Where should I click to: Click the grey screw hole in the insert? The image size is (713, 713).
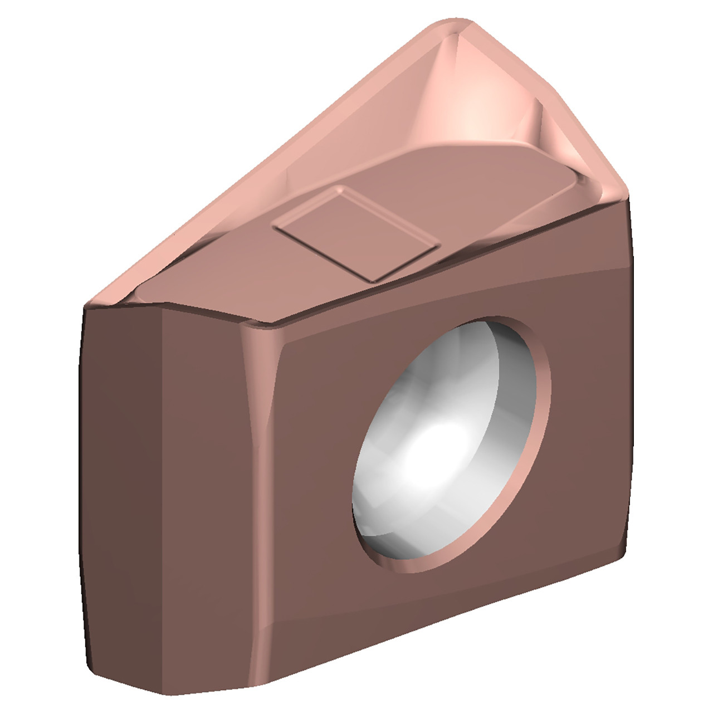(x=446, y=446)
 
